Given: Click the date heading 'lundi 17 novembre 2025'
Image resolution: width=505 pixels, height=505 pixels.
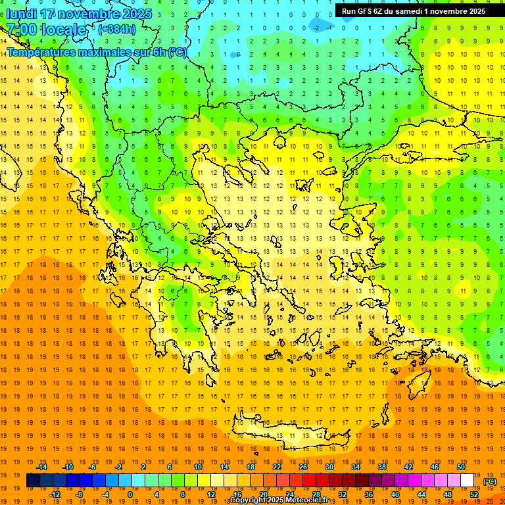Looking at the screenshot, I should (x=79, y=14).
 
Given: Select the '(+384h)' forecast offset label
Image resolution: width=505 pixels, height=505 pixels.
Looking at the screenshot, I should (x=117, y=30).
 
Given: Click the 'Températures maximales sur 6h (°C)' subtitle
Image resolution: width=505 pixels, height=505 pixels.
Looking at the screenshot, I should (x=97, y=53).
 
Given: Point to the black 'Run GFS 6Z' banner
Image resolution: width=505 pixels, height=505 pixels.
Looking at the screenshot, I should (x=414, y=11).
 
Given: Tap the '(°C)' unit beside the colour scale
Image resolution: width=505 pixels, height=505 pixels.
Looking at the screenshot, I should (x=490, y=481).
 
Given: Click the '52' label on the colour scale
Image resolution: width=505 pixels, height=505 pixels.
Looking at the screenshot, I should (x=474, y=494).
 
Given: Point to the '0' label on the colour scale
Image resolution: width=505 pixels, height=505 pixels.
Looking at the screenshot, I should (x=130, y=494).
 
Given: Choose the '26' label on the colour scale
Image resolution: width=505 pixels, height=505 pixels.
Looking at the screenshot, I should (x=303, y=467).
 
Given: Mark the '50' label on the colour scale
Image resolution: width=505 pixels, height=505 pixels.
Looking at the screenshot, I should (x=460, y=467).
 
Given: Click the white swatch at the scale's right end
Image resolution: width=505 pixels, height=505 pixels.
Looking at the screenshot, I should (x=467, y=481).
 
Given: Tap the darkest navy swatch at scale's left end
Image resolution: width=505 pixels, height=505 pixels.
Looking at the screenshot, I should (x=33, y=481).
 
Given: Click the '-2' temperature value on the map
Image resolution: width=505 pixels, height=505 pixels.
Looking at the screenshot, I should (x=316, y=28).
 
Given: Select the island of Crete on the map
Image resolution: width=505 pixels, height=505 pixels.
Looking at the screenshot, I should (x=289, y=435).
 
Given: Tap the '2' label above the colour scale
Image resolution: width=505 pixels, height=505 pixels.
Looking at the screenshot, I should (x=143, y=467).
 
